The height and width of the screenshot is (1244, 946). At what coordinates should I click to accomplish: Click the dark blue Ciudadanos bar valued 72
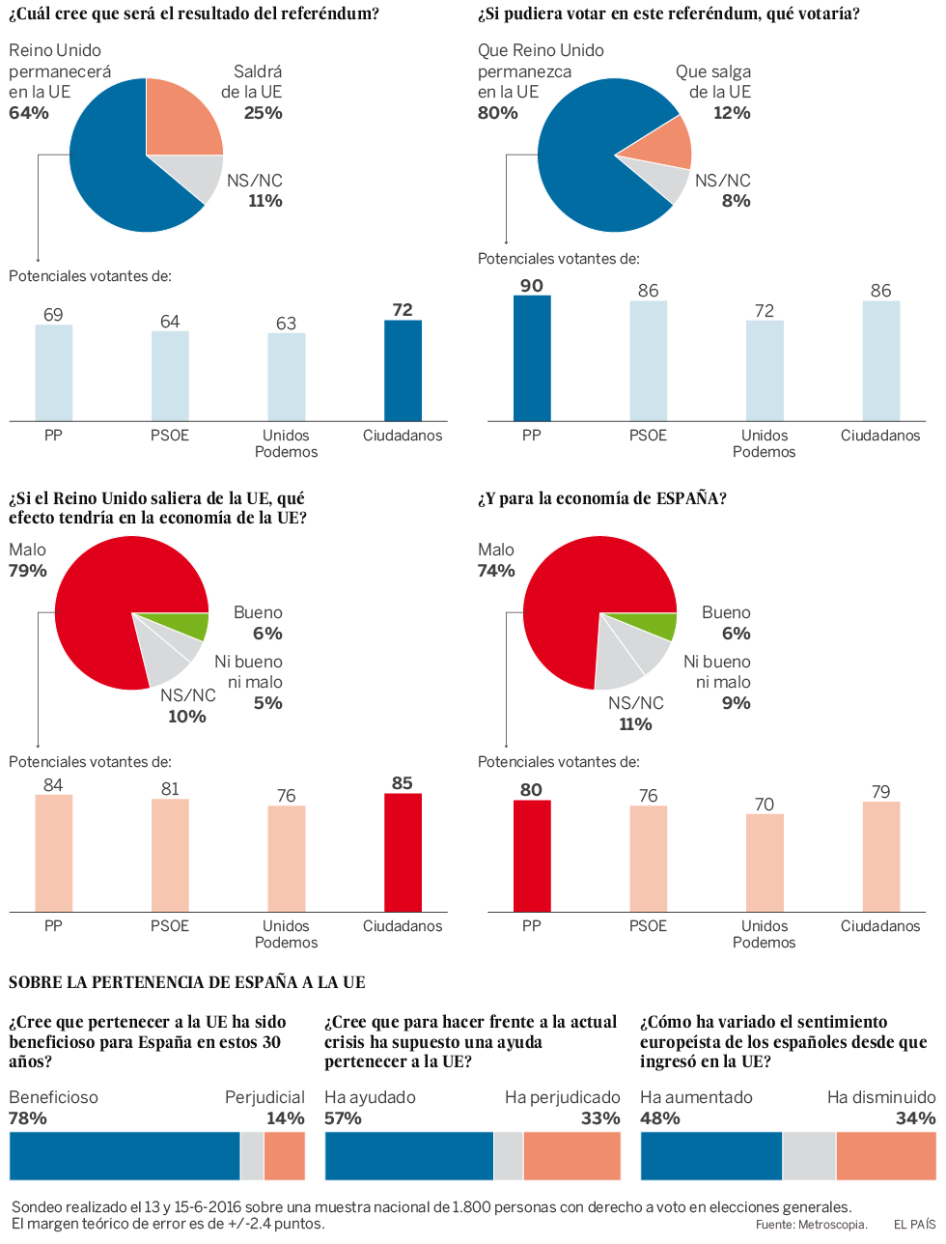click(403, 371)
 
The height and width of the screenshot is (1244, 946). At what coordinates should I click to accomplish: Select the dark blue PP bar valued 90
click(532, 358)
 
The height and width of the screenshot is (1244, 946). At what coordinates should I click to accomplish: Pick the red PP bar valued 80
click(532, 856)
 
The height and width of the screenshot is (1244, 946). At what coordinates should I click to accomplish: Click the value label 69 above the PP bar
click(53, 315)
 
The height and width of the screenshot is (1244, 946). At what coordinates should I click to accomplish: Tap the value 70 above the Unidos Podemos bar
click(765, 804)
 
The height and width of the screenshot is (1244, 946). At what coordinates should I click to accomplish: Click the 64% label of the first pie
click(29, 113)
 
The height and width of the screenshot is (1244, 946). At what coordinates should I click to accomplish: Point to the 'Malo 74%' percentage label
click(496, 571)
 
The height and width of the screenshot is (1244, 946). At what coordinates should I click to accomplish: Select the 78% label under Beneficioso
click(28, 1117)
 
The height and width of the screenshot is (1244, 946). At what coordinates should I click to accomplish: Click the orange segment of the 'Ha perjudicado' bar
click(571, 1156)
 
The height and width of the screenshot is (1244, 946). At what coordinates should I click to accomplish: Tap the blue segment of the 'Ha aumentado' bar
click(711, 1156)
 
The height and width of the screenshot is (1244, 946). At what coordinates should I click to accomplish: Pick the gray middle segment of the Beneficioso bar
click(252, 1156)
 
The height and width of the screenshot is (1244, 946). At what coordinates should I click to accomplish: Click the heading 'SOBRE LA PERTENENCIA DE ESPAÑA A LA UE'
click(187, 982)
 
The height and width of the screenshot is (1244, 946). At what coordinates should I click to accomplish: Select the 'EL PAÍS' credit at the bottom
click(914, 1225)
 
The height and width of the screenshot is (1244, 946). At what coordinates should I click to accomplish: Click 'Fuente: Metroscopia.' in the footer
click(811, 1225)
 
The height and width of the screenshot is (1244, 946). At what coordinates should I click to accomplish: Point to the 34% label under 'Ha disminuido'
click(915, 1117)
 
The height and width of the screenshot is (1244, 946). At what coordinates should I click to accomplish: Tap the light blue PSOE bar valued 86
click(649, 360)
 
